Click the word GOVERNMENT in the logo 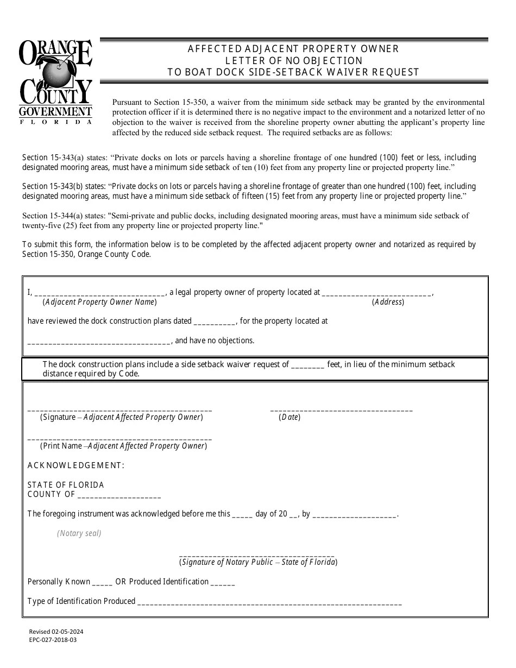[55, 111]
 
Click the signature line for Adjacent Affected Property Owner [119, 410]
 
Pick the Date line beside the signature [341, 410]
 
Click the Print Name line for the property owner [119, 439]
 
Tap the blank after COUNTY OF [119, 496]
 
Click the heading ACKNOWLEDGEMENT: [76, 465]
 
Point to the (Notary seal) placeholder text [79, 533]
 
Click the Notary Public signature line [257, 556]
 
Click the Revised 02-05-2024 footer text [56, 632]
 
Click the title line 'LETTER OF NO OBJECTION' [294, 60]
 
